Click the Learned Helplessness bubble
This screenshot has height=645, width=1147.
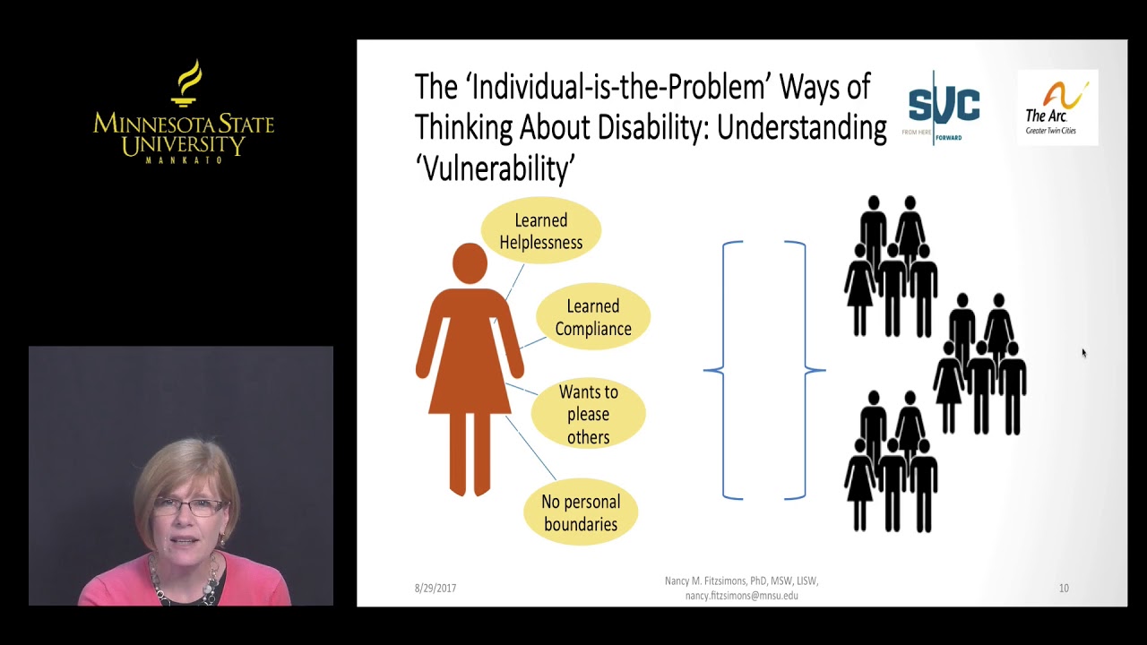540,231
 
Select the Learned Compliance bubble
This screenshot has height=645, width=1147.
592,317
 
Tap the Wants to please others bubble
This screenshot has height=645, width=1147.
588,414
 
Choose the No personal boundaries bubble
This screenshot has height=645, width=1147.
580,513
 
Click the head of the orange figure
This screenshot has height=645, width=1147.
470,263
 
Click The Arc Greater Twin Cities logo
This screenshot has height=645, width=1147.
1057,107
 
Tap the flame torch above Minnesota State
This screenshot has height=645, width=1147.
186,83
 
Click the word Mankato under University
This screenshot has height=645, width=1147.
184,159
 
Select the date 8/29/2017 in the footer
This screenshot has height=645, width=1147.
436,589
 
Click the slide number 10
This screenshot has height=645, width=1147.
1064,589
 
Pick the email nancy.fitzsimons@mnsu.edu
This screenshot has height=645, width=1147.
741,596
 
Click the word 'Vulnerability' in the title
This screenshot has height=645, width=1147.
495,168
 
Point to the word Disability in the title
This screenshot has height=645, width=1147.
652,127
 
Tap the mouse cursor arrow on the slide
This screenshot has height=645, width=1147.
1083,353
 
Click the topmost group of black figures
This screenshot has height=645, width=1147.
891,266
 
